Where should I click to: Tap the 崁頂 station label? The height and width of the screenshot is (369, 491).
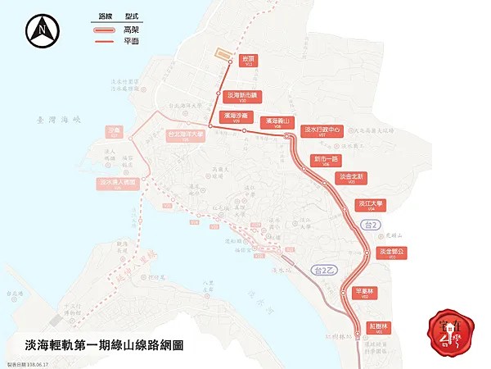[x=249, y=60]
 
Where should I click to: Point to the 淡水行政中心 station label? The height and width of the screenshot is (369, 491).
[x=322, y=131]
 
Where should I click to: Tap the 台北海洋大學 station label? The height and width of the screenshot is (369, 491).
[x=186, y=136]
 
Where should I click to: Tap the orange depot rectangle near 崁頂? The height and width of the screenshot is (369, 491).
[x=222, y=53]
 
